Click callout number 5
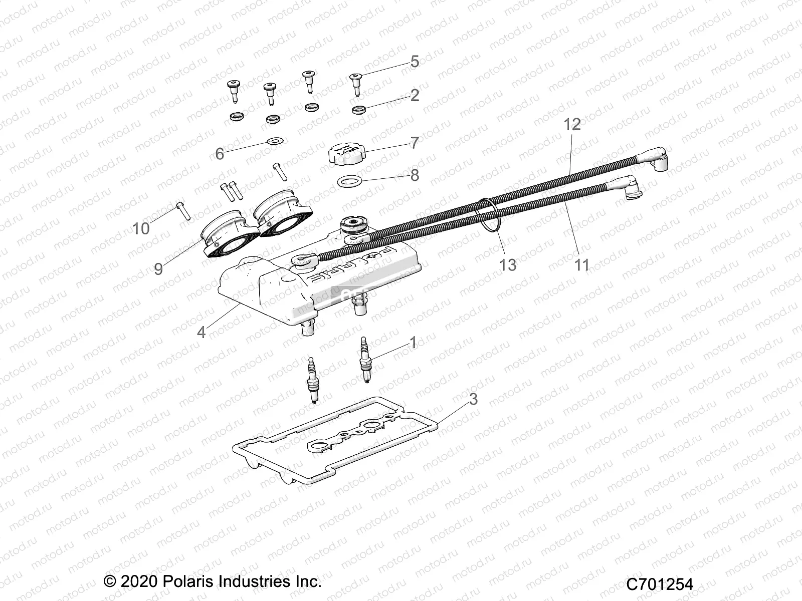coord(414,62)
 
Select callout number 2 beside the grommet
coord(414,95)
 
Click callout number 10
coord(141,228)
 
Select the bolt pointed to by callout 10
coord(182,211)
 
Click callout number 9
coord(158,269)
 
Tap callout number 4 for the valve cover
coord(201,332)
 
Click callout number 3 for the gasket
coord(473,400)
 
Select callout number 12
coord(572,124)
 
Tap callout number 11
coord(581,264)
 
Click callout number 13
coord(508,264)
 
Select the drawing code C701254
coord(660,584)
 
